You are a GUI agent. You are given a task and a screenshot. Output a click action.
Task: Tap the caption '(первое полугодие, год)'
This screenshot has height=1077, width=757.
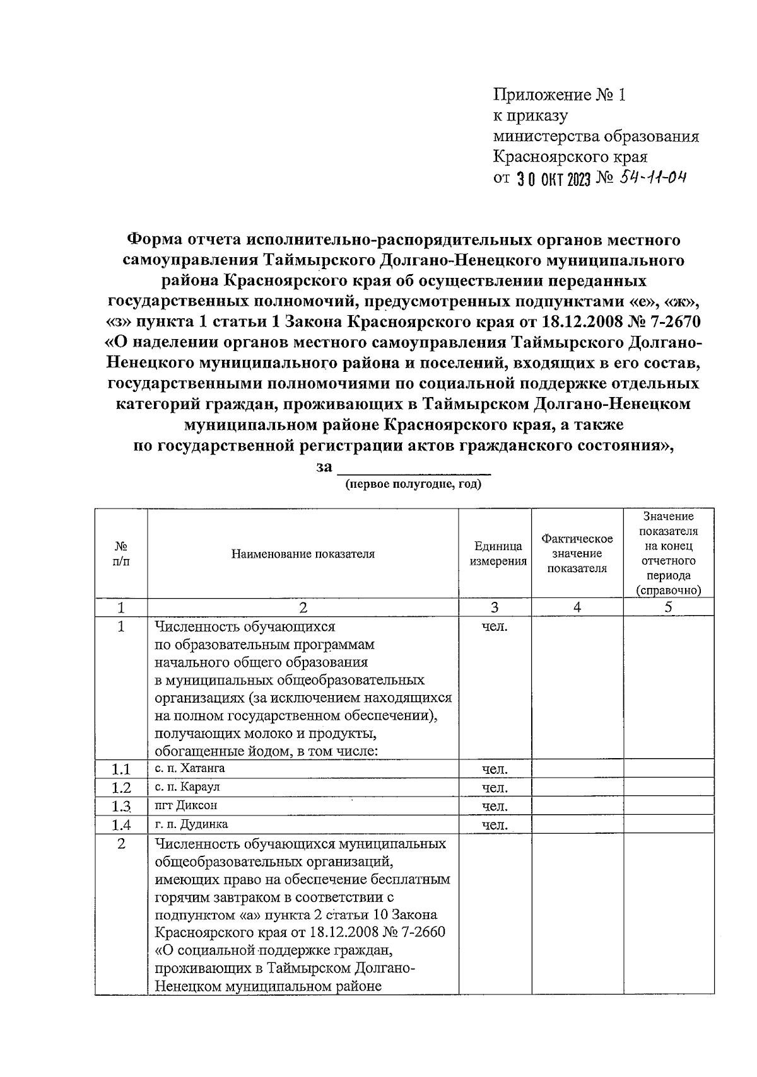point(413,485)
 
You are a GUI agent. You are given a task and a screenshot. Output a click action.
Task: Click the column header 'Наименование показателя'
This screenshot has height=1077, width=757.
point(303,554)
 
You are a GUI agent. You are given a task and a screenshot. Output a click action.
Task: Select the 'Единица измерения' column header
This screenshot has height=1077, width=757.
point(498,554)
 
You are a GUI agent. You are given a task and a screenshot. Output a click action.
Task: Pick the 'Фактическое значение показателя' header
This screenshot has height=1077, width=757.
point(577,553)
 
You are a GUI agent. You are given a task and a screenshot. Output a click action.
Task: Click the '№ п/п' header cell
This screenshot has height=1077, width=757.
point(121,553)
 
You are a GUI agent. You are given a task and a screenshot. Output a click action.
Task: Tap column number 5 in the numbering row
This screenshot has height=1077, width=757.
point(669,607)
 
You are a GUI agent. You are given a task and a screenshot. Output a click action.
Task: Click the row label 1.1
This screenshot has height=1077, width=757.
point(121,769)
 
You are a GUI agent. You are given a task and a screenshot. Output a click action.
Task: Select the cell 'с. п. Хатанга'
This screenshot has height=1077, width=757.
point(190,768)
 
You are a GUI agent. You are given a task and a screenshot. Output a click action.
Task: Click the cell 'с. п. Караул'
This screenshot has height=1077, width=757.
point(187,787)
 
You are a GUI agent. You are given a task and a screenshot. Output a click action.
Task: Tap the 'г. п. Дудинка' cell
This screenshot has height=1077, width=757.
point(191,824)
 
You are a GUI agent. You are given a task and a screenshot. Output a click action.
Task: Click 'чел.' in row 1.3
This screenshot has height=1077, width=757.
point(495,806)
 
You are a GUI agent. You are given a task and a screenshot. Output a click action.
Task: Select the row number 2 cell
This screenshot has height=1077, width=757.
point(121,843)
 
